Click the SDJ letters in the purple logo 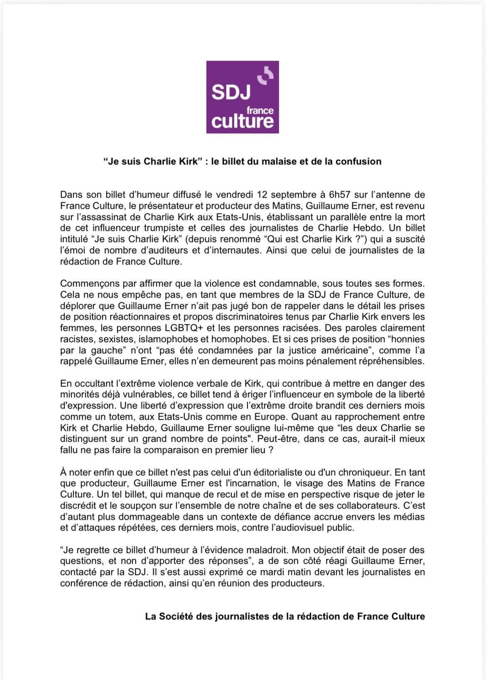pyautogui.click(x=231, y=92)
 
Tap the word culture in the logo pyautogui.click(x=243, y=121)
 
